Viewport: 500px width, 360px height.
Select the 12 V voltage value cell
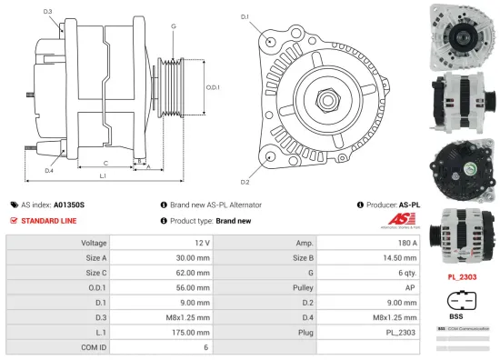coord(202,243)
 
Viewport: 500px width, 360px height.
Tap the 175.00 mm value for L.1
coord(195,333)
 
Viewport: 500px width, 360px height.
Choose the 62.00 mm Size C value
coord(195,273)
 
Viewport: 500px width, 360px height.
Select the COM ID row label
coord(94,347)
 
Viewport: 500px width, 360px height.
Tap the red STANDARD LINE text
coord(49,221)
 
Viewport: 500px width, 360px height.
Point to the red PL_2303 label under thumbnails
coord(463,275)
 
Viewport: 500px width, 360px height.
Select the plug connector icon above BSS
coord(462,302)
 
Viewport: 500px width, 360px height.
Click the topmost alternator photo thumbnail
coord(462,33)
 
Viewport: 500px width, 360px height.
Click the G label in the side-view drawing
coord(173,26)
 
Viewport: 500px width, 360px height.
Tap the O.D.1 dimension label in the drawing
coord(212,87)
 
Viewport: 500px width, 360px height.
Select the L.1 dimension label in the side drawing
coord(103,175)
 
